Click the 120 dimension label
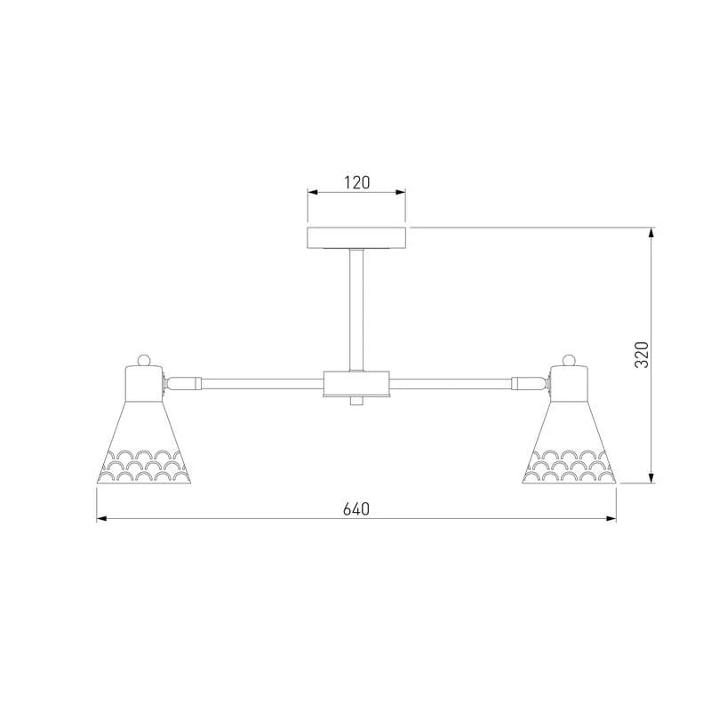pos(357,182)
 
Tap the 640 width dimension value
pos(356,508)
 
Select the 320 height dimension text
pos(642,355)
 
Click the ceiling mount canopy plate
pos(356,237)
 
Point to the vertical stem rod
pos(356,309)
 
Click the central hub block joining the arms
pos(356,384)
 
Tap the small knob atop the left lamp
pos(144,360)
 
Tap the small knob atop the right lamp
pos(569,360)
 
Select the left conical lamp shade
pos(144,442)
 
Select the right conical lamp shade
pos(569,442)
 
